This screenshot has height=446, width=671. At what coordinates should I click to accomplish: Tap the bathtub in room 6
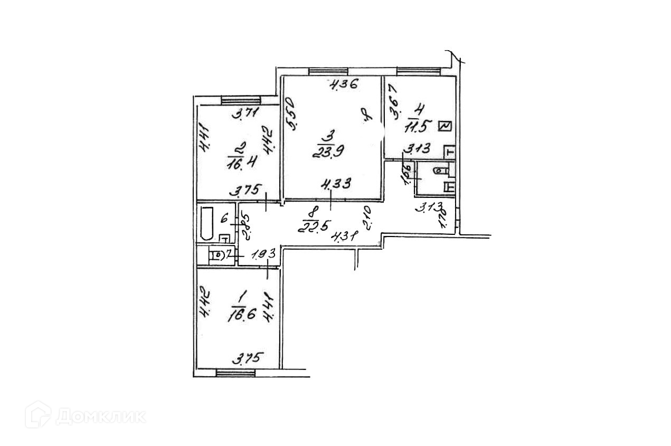206,223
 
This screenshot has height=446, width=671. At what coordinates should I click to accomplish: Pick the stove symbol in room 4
445,126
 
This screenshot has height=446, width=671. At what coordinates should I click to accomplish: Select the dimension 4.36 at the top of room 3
344,83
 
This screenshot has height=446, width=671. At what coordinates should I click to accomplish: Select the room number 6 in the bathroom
224,217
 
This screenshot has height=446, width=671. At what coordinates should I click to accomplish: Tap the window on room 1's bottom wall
236,373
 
